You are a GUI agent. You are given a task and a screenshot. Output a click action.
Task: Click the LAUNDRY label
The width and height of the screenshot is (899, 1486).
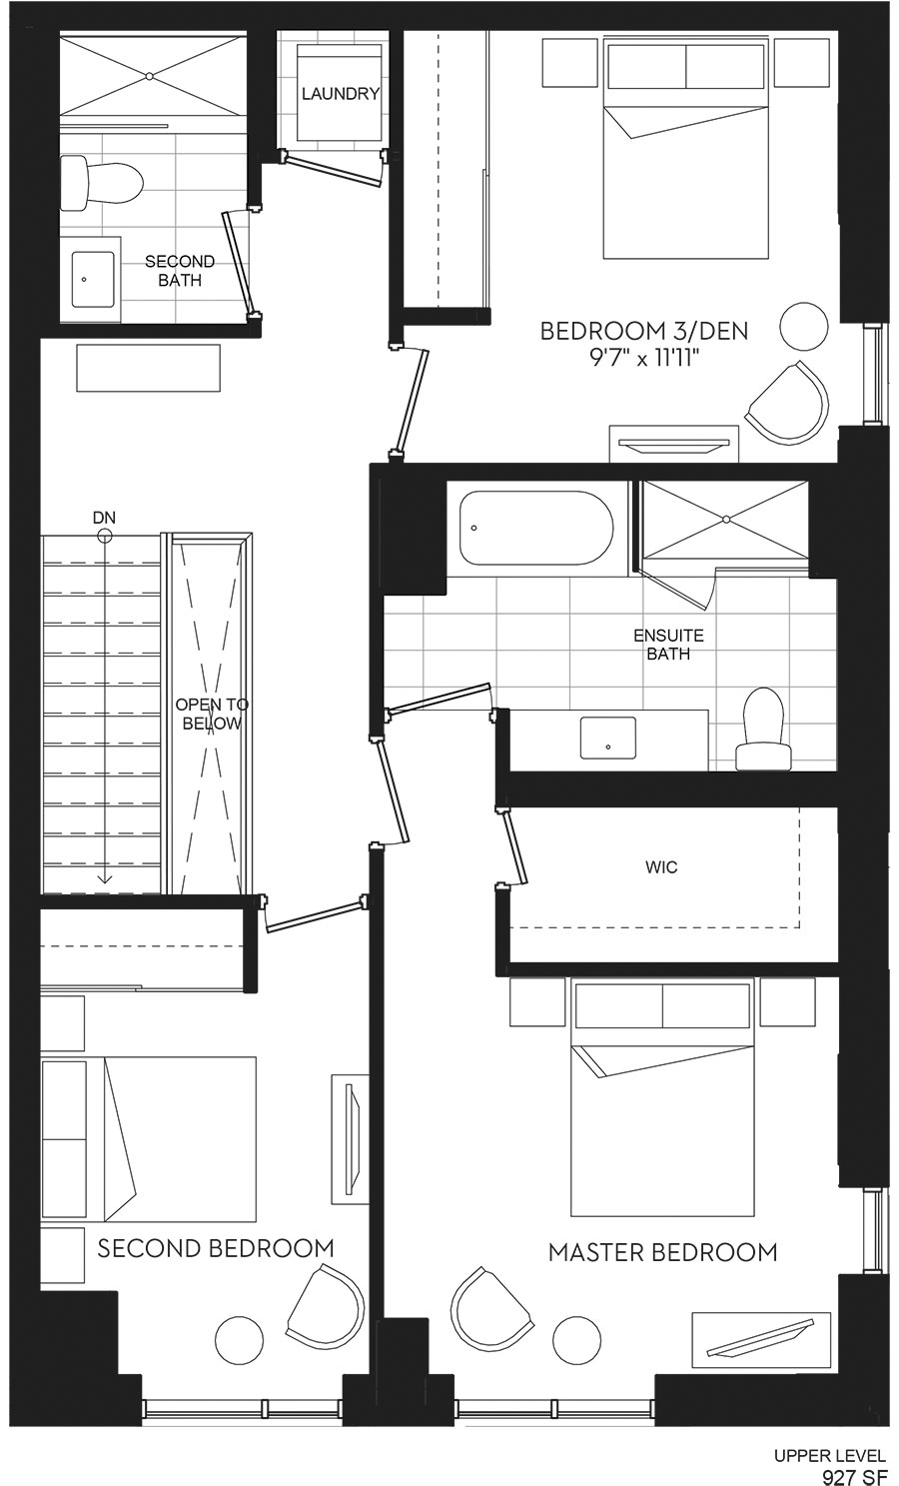[340, 94]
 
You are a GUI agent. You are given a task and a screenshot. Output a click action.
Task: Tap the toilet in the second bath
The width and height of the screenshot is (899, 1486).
[102, 183]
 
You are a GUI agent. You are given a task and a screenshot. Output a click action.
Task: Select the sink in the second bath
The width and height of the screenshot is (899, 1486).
[93, 279]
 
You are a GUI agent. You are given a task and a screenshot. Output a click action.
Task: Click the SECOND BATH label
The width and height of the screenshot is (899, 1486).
[180, 271]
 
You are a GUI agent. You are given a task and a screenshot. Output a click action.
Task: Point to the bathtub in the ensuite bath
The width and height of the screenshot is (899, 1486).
[536, 528]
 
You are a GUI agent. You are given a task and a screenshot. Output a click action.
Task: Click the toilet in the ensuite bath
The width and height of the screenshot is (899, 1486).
[764, 729]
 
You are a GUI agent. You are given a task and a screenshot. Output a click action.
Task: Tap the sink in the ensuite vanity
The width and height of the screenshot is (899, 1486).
[608, 738]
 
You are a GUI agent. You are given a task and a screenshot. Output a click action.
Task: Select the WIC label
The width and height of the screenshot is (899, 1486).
[661, 866]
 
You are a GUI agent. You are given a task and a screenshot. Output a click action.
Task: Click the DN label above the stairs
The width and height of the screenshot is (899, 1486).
[105, 518]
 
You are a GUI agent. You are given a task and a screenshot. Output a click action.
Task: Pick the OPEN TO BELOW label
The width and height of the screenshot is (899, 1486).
[212, 714]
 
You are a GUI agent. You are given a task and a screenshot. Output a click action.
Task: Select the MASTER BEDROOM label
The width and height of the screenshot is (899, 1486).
[663, 1252]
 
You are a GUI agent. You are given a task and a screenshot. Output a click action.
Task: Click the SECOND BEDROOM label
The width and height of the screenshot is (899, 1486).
[216, 1248]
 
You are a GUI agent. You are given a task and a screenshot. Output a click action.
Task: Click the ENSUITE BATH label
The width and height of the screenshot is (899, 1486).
[668, 645]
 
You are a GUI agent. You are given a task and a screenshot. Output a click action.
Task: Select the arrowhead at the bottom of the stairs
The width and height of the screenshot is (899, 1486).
[105, 879]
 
